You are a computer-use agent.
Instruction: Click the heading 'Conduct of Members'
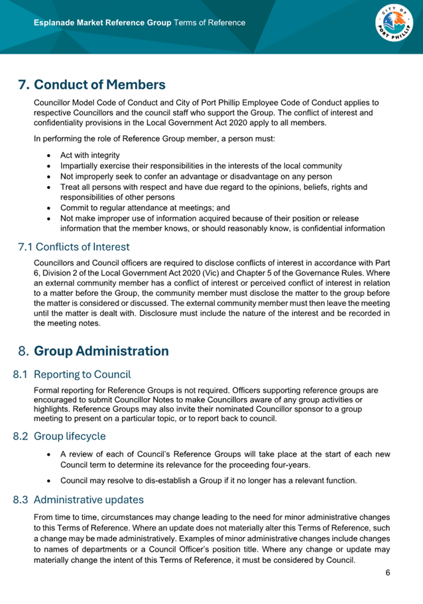tap(99, 85)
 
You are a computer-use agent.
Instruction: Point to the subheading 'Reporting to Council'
tap(82, 375)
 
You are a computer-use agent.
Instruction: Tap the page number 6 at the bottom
tap(388, 573)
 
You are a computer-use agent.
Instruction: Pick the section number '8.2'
tap(21, 436)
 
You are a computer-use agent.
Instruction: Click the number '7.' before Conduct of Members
tap(24, 85)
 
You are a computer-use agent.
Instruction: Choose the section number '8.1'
tap(21, 375)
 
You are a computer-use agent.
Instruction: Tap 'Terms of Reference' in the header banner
tap(209, 23)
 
